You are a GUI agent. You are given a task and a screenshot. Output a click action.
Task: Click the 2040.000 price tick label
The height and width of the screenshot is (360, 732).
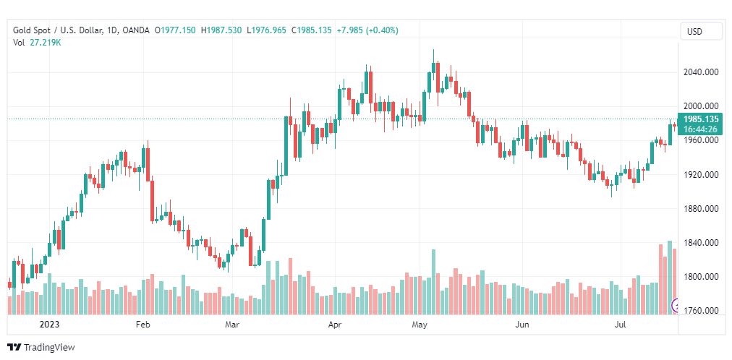point(701,72)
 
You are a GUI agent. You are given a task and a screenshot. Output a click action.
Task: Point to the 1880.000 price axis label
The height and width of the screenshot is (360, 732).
point(701,209)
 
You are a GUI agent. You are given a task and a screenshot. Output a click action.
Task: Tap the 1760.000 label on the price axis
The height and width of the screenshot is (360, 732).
point(701,312)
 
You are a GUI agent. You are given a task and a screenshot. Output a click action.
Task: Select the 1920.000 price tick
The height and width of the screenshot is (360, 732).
point(701,175)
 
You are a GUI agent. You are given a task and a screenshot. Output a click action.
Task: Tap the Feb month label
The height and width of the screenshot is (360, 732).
point(142,325)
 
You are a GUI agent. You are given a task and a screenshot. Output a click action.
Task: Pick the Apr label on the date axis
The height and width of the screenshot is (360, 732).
point(335,325)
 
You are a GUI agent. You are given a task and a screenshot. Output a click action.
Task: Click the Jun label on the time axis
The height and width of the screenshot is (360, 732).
point(522,325)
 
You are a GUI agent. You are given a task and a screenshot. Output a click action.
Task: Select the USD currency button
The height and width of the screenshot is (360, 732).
point(694,32)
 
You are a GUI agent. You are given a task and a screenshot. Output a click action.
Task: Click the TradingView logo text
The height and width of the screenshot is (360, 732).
point(49,348)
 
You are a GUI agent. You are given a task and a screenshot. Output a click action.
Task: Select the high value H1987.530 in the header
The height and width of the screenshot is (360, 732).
point(222,30)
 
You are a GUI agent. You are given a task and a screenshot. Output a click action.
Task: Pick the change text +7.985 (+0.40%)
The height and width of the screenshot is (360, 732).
point(367,30)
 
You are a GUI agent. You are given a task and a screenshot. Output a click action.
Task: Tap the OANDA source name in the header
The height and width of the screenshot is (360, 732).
point(136,30)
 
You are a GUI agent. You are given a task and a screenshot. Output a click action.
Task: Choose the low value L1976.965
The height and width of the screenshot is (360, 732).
point(268,30)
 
